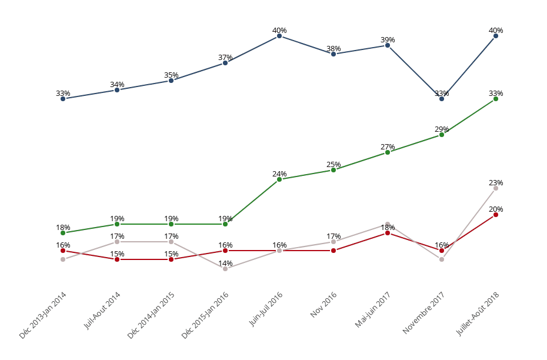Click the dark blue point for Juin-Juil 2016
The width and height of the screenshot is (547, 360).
(279, 36)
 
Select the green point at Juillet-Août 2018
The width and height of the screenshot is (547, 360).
(496, 99)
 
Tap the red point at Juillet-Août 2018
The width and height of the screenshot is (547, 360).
(496, 215)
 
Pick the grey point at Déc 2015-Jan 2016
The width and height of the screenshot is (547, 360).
(225, 269)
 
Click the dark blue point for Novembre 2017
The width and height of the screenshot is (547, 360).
(442, 99)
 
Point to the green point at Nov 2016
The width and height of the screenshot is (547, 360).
(333, 170)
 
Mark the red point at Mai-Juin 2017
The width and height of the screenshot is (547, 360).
(388, 233)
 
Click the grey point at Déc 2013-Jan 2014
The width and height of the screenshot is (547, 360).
(63, 259)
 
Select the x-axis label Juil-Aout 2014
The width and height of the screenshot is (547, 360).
(102, 311)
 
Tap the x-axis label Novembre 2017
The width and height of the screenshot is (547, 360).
(424, 313)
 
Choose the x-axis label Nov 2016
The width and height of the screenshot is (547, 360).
(323, 305)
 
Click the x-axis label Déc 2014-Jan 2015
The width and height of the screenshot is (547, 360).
(151, 315)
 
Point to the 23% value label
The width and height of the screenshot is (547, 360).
(496, 183)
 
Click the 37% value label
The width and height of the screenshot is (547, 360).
(225, 58)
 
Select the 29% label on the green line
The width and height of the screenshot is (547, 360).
(442, 129)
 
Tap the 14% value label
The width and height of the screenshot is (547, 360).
(225, 264)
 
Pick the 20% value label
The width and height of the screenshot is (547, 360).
(496, 209)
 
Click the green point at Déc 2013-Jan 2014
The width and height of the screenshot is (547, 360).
(63, 233)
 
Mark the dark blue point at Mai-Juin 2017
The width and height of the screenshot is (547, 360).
(388, 45)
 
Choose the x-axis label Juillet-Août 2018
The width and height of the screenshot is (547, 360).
(478, 314)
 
